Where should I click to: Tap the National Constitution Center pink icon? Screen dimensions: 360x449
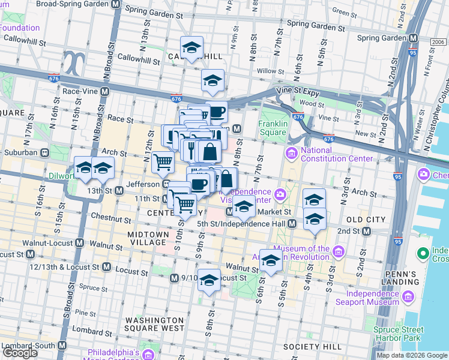click(x=292, y=154)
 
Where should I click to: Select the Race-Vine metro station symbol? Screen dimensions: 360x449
click(x=105, y=92)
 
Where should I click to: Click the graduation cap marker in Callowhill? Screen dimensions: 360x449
click(x=191, y=48)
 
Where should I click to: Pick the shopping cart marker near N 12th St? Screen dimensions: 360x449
click(x=163, y=161)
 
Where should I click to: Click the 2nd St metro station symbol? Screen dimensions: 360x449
click(x=365, y=231)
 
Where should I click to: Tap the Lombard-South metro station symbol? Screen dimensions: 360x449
click(x=62, y=346)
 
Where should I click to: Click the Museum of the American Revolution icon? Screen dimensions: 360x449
click(x=338, y=250)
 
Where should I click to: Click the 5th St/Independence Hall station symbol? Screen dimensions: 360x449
click(x=292, y=224)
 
